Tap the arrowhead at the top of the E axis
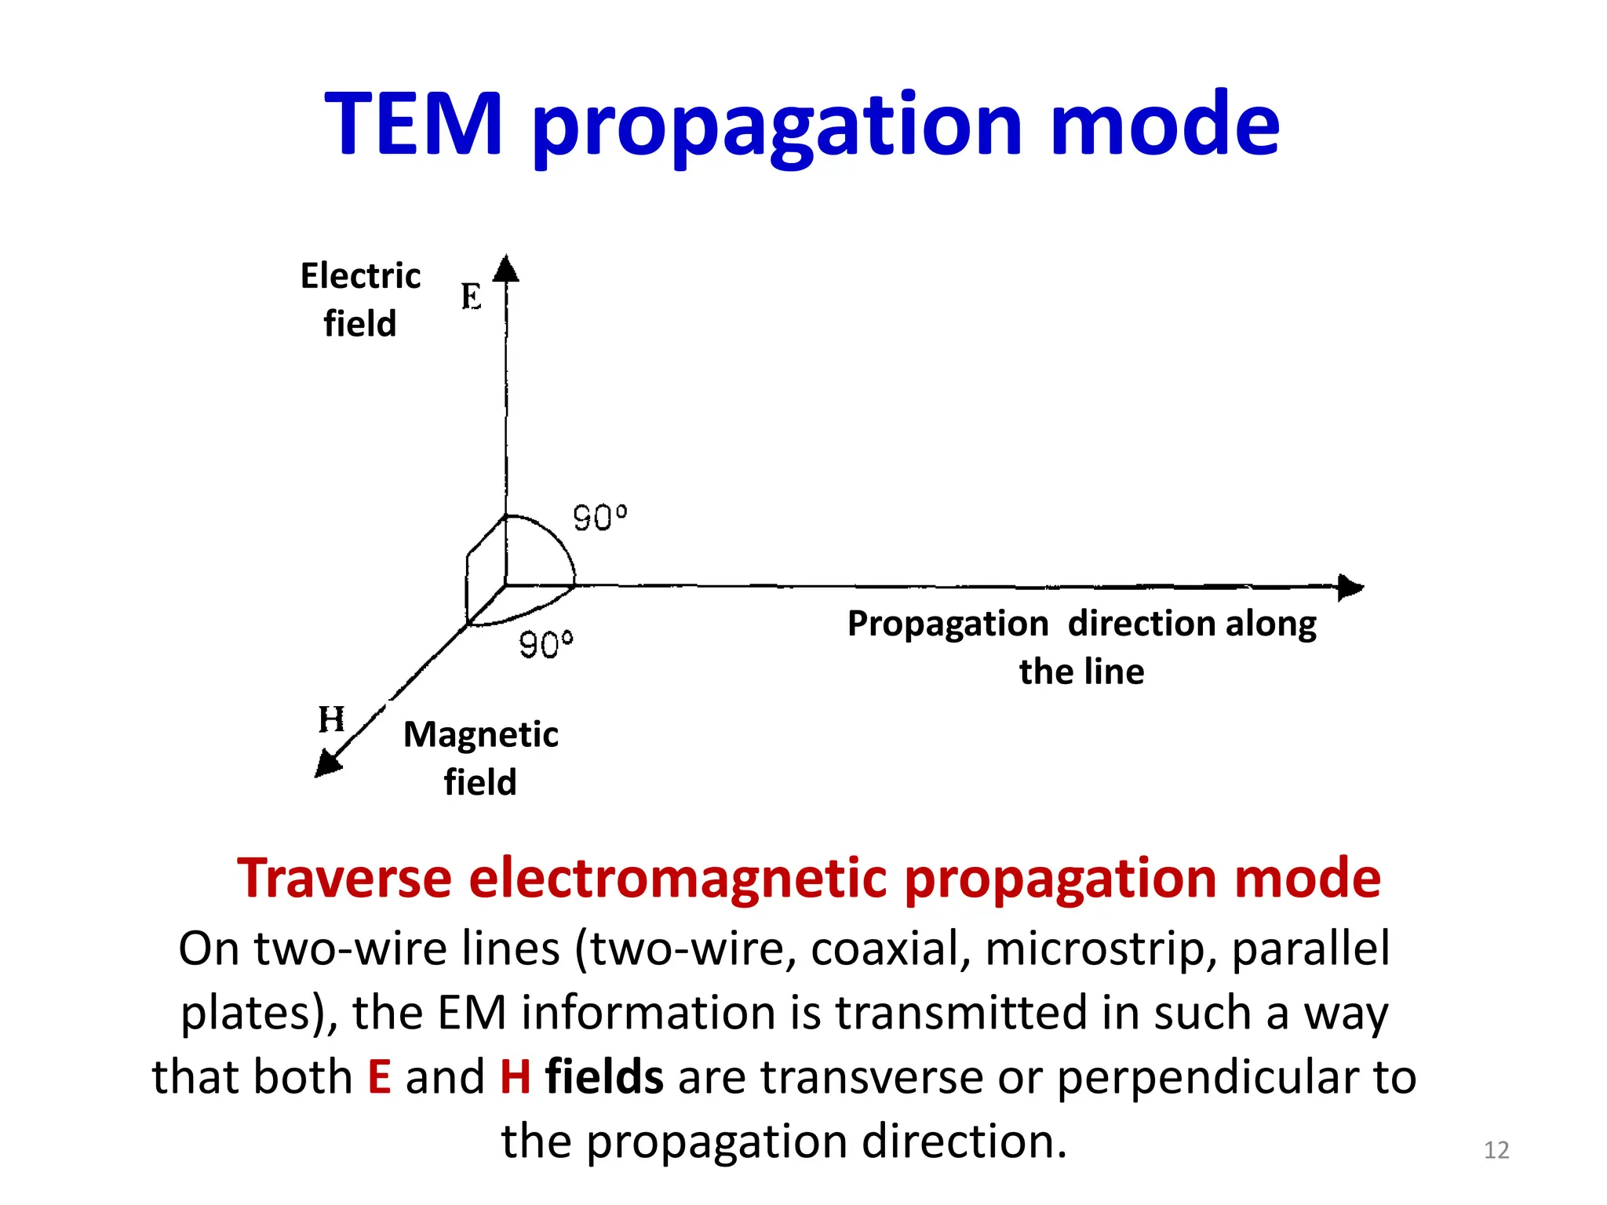click(x=506, y=268)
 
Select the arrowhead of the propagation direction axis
click(x=1349, y=587)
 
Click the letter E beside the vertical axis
click(x=471, y=297)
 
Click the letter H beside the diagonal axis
click(x=331, y=719)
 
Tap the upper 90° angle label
click(x=599, y=518)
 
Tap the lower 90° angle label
click(x=546, y=645)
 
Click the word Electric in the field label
click(x=360, y=276)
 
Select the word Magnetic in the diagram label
click(x=480, y=735)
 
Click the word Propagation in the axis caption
click(x=948, y=624)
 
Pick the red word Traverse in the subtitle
click(x=344, y=878)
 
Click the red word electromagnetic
click(x=678, y=878)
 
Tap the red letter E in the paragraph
click(x=380, y=1076)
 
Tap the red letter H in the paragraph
click(x=516, y=1076)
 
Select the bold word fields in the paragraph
click(x=604, y=1076)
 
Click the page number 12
click(x=1496, y=1150)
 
